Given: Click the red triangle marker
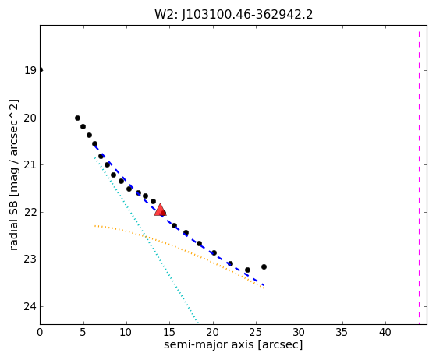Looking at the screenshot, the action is point(160,210).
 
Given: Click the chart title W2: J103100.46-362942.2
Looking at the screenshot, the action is point(233,15).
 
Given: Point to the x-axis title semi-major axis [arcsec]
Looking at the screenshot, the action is point(233,344).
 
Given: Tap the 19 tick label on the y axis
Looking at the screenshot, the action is point(30,71).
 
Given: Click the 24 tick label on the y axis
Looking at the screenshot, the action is point(30,307).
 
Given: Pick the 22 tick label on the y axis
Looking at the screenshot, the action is point(30,212).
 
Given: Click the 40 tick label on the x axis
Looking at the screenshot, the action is point(385,332).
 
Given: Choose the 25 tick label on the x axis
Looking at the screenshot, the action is point(257,332).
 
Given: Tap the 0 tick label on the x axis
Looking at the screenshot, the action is point(40,332).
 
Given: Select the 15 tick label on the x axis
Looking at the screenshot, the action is point(170,332).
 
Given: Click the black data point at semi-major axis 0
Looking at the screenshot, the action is point(41,69).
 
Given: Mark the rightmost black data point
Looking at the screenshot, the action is point(264,267).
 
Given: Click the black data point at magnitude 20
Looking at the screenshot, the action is point(77,118).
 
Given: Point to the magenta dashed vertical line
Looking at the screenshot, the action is point(419,175).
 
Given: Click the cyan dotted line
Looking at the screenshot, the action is point(146,239).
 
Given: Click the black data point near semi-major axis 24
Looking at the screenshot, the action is point(247,270).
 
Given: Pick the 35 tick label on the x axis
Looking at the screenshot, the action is point(342,332).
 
